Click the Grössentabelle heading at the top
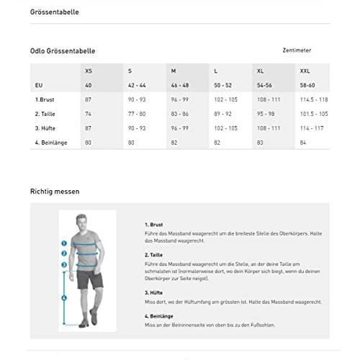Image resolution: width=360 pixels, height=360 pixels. point(55,12)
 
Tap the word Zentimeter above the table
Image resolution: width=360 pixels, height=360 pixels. point(299,50)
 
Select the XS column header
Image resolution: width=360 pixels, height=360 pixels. point(89,71)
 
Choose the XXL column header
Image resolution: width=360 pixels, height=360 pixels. point(305,71)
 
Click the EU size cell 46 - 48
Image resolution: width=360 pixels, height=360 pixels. point(179,85)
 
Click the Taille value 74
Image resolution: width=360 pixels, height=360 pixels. point(88,114)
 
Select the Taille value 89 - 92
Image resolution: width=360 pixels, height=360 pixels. point(223,114)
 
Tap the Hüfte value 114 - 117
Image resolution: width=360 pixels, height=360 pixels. point(311,128)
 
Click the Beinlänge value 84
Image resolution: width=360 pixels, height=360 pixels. point(302,143)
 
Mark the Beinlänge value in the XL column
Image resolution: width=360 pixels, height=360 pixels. point(259,143)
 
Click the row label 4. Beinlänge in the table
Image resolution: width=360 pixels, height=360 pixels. point(51,143)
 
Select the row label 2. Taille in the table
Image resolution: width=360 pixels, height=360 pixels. point(46,114)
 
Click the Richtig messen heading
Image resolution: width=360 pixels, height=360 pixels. point(55,192)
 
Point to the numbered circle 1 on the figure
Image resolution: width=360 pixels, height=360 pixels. point(64,244)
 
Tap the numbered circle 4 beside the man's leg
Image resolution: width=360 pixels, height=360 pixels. point(64,297)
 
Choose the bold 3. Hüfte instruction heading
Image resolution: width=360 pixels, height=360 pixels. point(153,292)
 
